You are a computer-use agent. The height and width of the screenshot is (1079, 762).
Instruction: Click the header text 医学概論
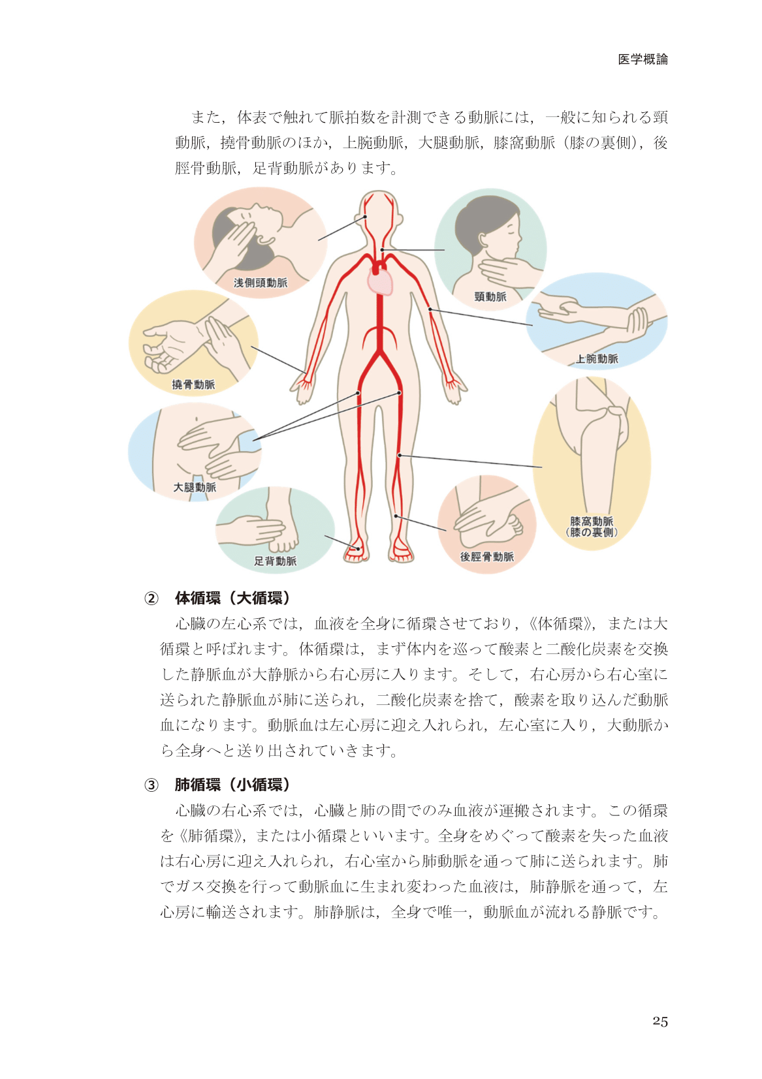click(643, 59)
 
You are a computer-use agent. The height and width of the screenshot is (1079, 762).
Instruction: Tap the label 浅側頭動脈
click(261, 283)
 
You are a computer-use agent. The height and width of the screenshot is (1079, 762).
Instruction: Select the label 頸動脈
click(490, 297)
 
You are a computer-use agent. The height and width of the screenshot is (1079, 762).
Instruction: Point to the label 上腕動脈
click(597, 358)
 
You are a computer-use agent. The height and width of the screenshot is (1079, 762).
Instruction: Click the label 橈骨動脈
click(193, 384)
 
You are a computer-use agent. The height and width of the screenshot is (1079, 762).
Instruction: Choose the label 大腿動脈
click(195, 488)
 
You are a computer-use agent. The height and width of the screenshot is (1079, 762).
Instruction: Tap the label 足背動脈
click(275, 561)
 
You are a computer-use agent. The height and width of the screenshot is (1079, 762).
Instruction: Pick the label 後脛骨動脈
click(487, 557)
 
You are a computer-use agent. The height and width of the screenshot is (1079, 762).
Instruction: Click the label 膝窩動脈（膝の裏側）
click(592, 527)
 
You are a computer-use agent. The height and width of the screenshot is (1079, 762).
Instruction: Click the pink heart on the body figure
click(381, 281)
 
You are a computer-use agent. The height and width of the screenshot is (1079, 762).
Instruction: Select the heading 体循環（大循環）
click(232, 599)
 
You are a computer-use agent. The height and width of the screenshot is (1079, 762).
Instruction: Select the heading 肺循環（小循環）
click(232, 785)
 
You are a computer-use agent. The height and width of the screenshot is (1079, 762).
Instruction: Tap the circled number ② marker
click(151, 599)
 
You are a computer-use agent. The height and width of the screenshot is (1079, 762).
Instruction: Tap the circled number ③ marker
click(151, 785)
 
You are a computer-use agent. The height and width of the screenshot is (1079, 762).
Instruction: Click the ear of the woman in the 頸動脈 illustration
click(483, 240)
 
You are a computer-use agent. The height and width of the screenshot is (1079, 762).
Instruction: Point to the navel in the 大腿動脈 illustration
click(197, 419)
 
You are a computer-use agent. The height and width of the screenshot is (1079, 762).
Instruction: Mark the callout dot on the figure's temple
click(365, 217)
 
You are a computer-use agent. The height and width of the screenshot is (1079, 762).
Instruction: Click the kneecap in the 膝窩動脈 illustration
click(618, 424)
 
